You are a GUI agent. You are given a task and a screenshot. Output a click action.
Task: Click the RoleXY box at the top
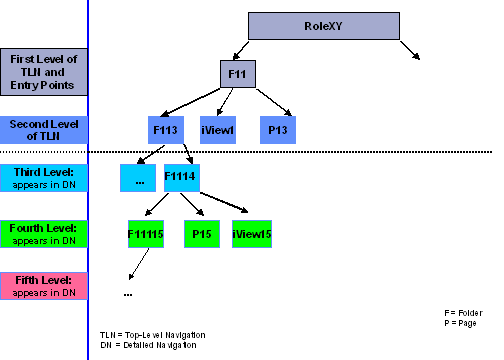(323, 26)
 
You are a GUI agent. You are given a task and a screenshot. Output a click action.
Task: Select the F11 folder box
(239, 74)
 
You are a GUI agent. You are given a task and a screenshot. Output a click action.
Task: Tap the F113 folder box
(166, 128)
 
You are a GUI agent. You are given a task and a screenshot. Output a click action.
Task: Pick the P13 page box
(279, 128)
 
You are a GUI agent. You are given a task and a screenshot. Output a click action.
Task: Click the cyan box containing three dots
(138, 177)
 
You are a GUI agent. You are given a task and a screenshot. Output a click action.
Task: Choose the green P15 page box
(201, 233)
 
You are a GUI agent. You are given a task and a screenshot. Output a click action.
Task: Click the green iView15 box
(252, 233)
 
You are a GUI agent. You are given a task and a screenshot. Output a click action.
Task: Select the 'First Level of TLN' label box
(43, 71)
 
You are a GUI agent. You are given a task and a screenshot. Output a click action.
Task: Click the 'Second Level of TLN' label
(43, 128)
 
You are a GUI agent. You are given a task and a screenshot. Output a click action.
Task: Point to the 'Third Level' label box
(43, 178)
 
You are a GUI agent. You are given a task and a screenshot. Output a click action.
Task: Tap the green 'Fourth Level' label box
(43, 234)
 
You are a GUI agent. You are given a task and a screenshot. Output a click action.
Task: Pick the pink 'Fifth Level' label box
(43, 286)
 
